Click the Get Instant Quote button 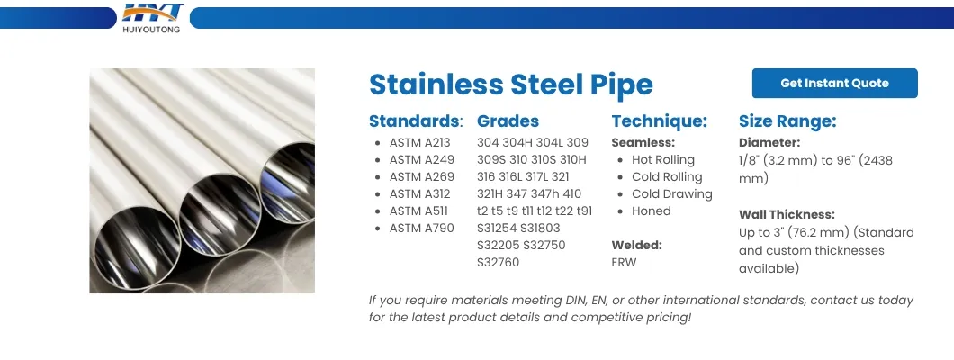[834, 83]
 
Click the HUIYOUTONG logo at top [153, 17]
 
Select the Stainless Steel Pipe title [510, 85]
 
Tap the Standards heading [415, 121]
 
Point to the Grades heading [508, 121]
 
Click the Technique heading [659, 121]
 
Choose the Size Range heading [787, 121]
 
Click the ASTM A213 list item [419, 142]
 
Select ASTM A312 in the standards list [419, 193]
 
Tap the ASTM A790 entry [419, 228]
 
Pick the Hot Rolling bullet [662, 159]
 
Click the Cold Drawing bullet [671, 193]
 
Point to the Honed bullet [651, 211]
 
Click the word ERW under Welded [624, 262]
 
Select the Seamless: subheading [643, 142]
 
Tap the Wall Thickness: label [787, 215]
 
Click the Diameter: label [769, 142]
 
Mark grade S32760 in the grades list [498, 262]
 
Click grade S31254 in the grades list [498, 228]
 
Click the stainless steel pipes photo [202, 181]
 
